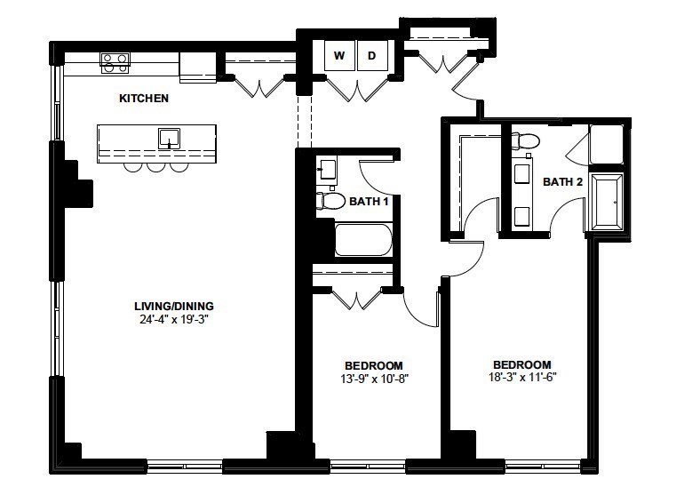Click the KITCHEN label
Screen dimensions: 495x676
(143, 99)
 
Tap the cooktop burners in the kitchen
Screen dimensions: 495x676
(115, 62)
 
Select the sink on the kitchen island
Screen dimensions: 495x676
(169, 138)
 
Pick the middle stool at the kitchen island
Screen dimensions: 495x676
(155, 165)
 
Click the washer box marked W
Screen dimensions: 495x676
(338, 56)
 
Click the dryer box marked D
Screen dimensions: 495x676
(372, 56)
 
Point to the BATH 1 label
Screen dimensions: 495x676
(369, 202)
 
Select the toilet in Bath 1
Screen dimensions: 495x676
(330, 201)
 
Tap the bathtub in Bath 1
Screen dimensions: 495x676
(362, 239)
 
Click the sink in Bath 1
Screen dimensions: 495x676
(326, 169)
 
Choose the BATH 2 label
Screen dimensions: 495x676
(563, 182)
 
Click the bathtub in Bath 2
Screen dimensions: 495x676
(608, 202)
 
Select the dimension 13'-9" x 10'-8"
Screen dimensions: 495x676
(373, 378)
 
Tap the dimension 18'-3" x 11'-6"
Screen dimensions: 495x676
(521, 377)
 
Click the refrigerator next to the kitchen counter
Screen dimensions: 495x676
(198, 66)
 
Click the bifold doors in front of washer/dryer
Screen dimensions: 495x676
(354, 89)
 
